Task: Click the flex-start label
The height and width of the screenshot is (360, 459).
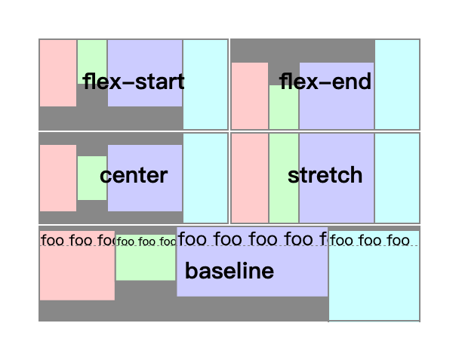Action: tap(134, 81)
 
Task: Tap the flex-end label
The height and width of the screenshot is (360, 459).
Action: tap(325, 81)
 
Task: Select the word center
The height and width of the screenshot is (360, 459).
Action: tap(134, 176)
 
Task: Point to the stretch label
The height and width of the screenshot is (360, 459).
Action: tap(325, 176)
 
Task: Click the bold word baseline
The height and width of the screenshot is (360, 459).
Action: tap(229, 272)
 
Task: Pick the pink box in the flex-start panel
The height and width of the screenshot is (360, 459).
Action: tap(58, 73)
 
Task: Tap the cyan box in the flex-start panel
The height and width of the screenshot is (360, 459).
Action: tap(205, 84)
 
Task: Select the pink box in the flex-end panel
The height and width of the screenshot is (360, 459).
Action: tap(250, 95)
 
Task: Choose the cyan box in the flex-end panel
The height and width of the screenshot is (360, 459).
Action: tap(397, 84)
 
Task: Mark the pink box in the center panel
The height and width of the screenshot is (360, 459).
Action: tap(58, 178)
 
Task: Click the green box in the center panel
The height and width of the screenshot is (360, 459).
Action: tap(92, 178)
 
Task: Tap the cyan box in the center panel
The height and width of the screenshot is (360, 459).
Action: tap(205, 178)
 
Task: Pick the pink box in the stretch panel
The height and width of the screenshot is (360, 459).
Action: tap(250, 178)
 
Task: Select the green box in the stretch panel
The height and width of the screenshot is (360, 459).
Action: tap(284, 178)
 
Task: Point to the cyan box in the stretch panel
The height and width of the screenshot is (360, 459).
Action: tap(397, 178)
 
